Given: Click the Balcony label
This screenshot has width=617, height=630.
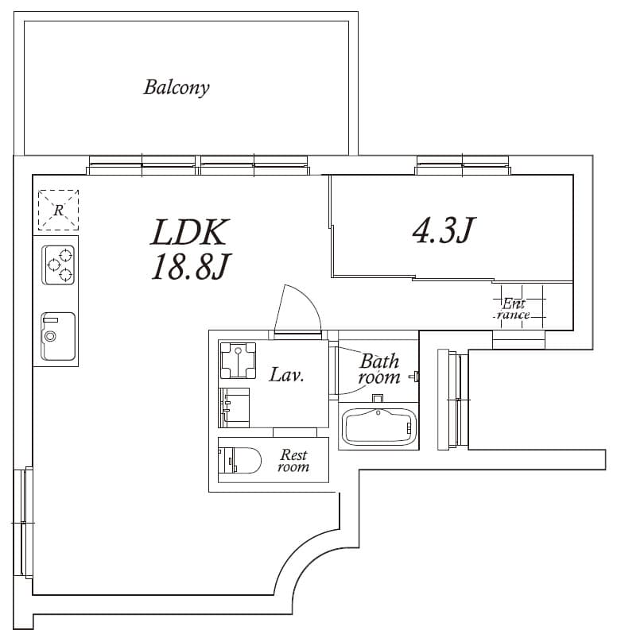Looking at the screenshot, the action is click(177, 87).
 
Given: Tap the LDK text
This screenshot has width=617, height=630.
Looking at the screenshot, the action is click(190, 232).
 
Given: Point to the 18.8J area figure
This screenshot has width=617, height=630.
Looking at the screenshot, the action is click(190, 266).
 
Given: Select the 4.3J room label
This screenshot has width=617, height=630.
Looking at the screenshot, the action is click(444, 230).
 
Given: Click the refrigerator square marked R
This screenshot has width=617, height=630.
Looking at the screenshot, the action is click(58, 210).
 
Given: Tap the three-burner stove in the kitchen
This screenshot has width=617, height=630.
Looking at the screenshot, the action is click(58, 265).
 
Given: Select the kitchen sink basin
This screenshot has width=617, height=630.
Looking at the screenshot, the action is click(58, 336).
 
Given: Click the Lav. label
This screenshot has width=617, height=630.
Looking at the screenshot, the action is click(286, 375).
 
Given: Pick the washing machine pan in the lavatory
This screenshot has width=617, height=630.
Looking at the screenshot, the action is click(238, 361).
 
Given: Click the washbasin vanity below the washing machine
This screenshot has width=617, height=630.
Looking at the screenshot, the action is click(234, 408).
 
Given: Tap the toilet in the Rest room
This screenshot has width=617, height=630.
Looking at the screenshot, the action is click(239, 460).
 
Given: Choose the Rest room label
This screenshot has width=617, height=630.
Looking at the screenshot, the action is click(294, 461).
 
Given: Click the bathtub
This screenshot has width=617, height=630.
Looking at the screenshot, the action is click(378, 427).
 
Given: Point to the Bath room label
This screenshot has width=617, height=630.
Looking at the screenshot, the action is click(379, 369).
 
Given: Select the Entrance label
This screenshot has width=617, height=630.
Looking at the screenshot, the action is click(513, 308).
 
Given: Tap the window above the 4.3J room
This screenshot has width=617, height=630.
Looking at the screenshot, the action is click(463, 165).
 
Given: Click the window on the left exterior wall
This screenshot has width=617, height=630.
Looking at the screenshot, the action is click(23, 522).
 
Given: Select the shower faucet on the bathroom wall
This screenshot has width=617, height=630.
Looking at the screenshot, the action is click(414, 377).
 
